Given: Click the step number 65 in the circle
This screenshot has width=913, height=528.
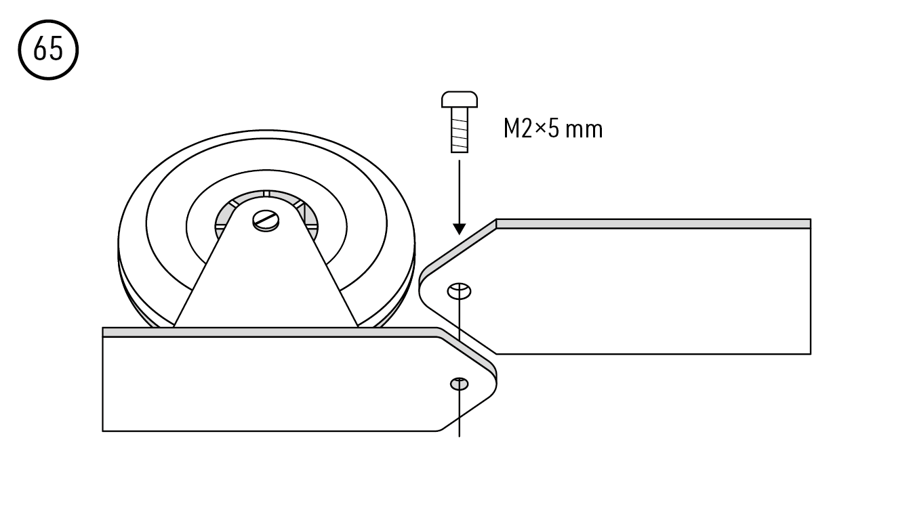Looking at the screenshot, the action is coord(48,49).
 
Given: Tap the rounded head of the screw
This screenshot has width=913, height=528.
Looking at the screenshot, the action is coord(460,100).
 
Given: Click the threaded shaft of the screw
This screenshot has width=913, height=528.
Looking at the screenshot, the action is coord(460,130).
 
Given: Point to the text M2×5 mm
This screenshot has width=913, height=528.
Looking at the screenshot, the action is coord(552,129).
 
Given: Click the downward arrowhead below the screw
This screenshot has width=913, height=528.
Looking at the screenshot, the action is coord(460,229).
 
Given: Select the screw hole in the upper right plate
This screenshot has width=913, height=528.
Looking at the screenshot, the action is coord(459,291).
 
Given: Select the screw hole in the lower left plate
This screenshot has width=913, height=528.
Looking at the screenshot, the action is coord(459,384).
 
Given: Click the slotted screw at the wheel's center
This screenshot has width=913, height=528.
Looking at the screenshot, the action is coord(266,221).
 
